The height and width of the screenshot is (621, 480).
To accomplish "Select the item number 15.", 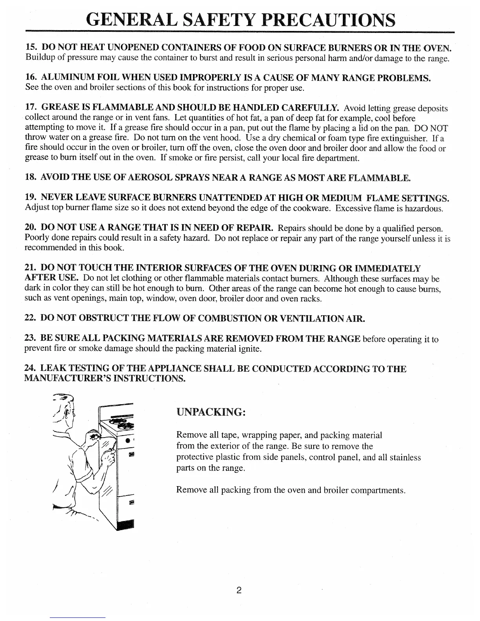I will tap(31, 48).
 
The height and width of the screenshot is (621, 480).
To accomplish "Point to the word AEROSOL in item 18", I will tap(152, 178).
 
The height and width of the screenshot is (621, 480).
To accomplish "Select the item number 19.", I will tap(31, 197).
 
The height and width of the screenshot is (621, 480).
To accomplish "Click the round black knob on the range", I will tap(127, 441).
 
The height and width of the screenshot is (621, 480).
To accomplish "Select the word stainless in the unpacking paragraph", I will tap(404, 458).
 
